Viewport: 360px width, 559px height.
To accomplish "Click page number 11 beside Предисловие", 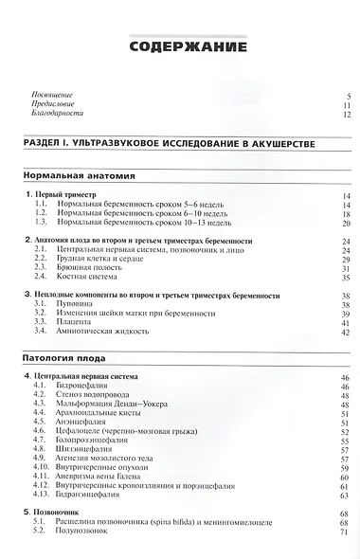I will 346,106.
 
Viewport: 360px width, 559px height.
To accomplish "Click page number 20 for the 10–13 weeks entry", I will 346,224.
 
